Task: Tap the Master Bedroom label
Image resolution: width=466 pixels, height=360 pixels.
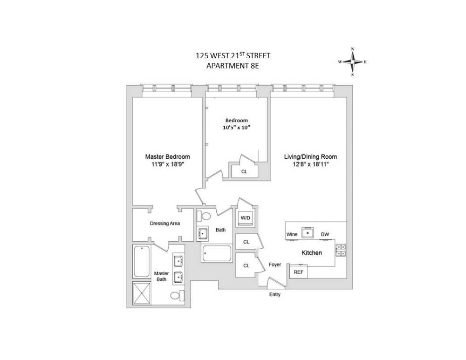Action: [167, 157]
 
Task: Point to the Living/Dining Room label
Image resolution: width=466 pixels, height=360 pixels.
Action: [310, 157]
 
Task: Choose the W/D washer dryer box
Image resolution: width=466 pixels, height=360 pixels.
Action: [245, 218]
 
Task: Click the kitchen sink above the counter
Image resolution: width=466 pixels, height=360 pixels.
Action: [308, 231]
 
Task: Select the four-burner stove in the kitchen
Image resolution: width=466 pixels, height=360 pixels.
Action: [340, 251]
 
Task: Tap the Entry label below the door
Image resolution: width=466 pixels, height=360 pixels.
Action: [275, 295]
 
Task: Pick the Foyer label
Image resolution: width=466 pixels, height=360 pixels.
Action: [275, 265]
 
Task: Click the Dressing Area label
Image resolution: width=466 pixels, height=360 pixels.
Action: [164, 224]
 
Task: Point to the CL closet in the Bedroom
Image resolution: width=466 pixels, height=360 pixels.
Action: [244, 171]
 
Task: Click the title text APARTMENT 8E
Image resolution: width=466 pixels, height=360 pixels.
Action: [233, 66]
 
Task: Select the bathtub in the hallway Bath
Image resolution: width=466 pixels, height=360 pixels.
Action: [217, 254]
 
